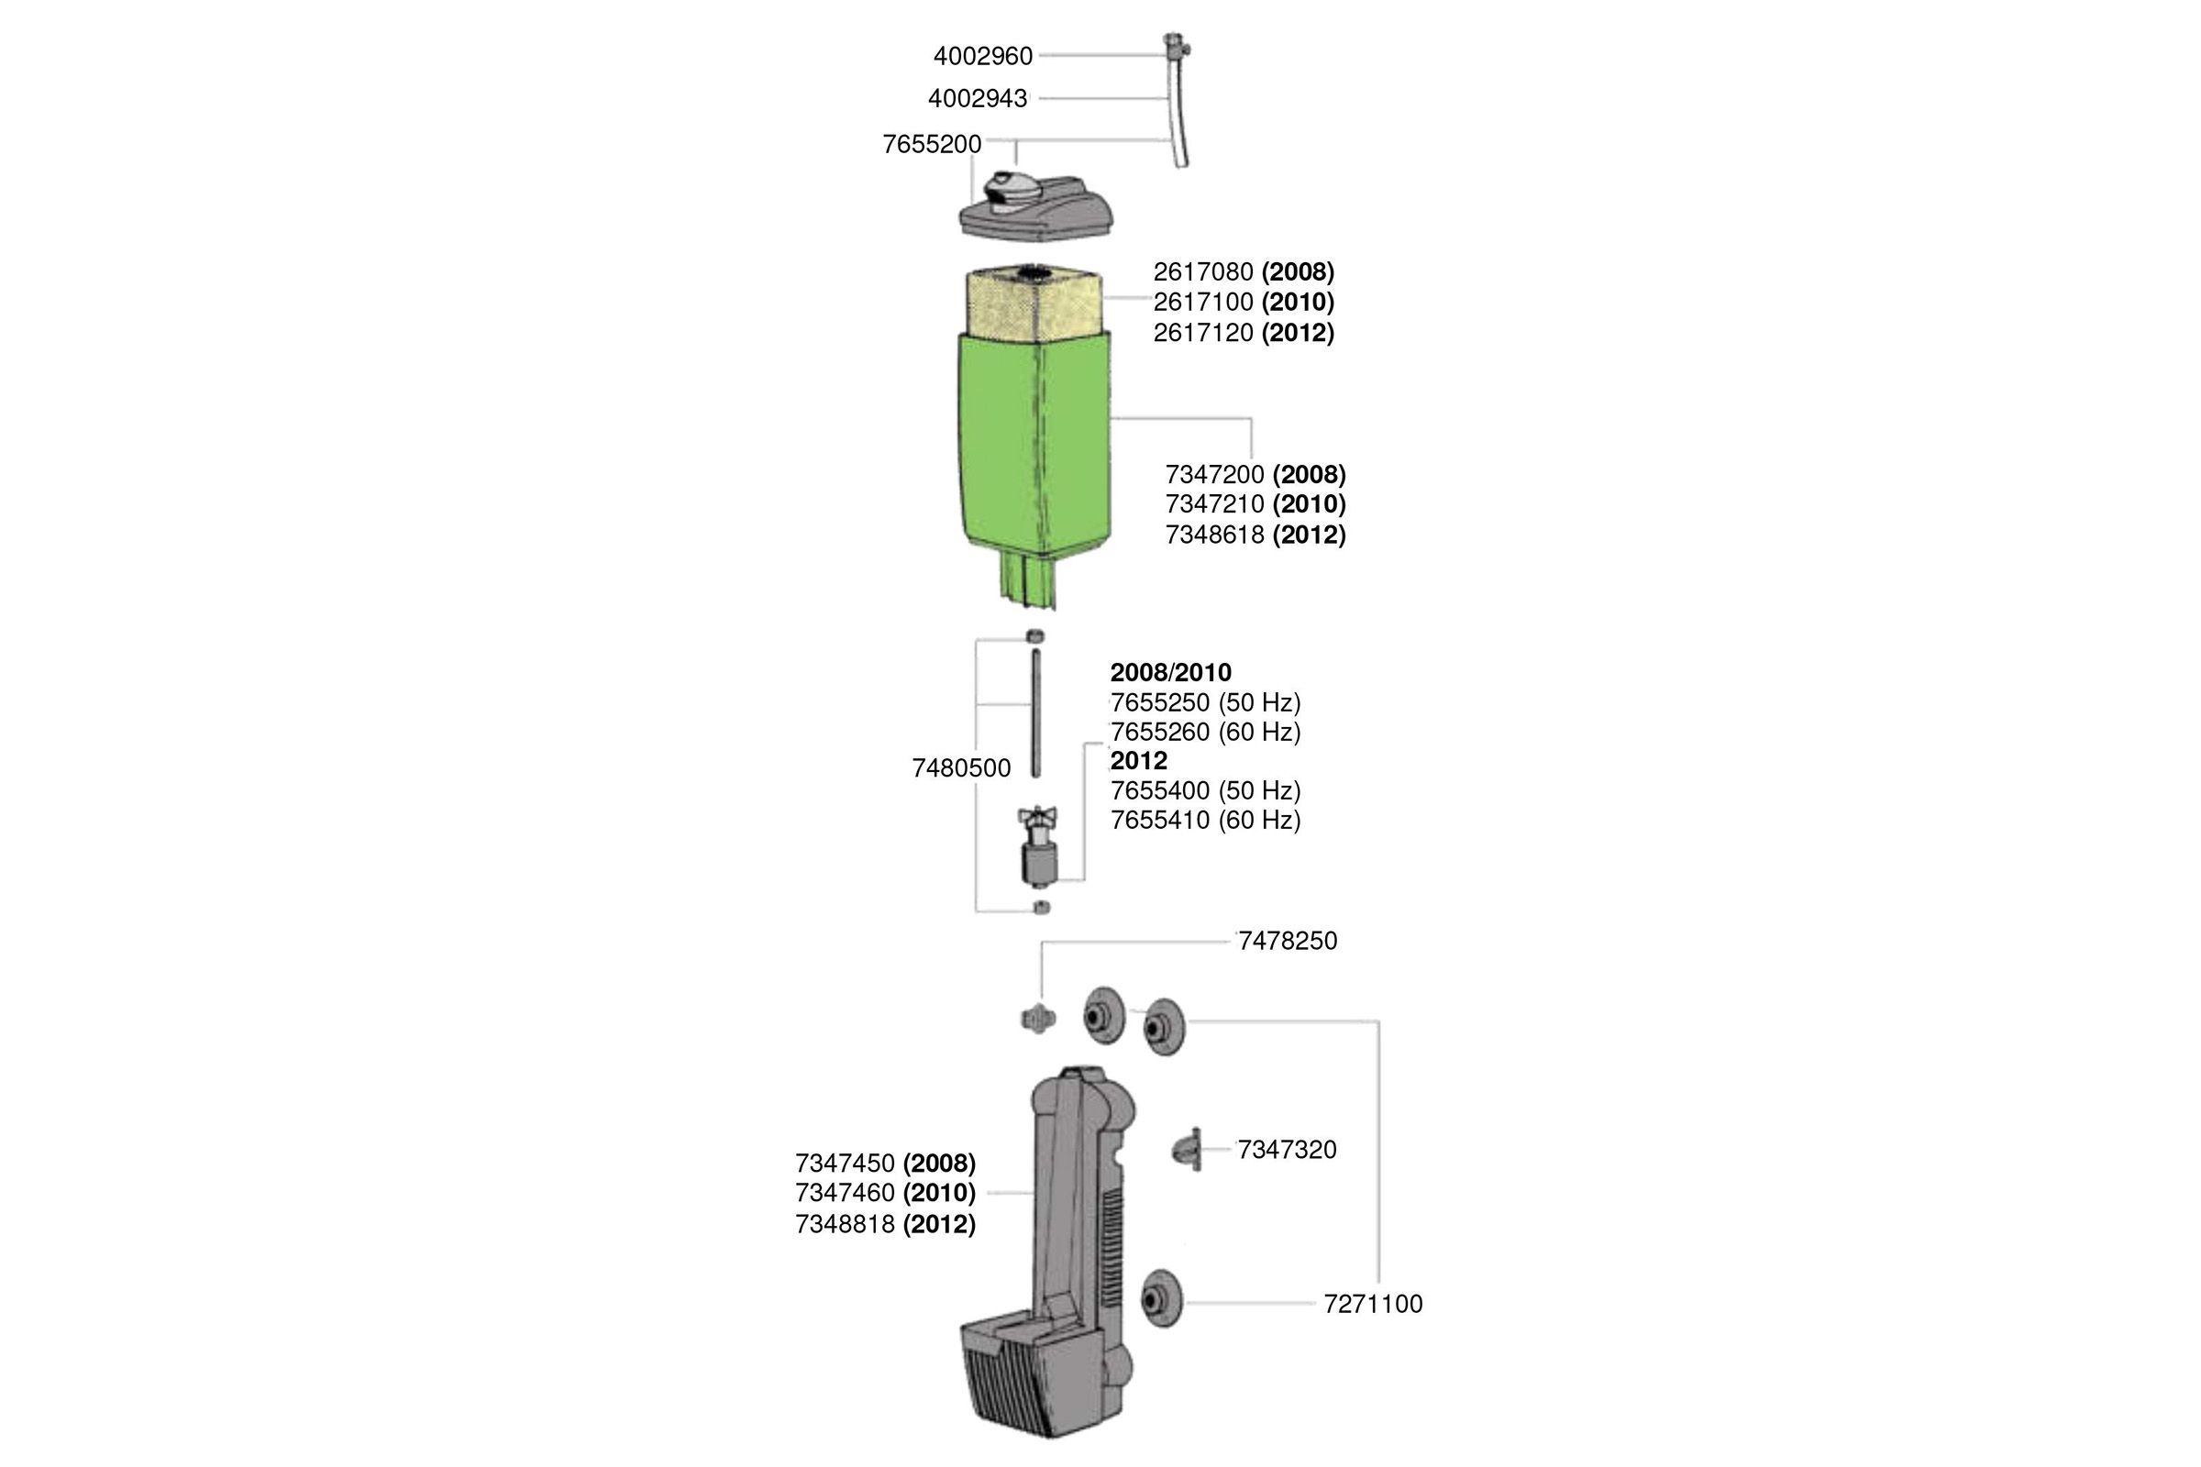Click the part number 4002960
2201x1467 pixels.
point(982,56)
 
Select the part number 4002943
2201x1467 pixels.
point(977,98)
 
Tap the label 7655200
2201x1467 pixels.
point(932,144)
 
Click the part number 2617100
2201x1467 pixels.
point(1203,303)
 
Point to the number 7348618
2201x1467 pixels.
point(1214,535)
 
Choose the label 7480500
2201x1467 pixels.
point(961,768)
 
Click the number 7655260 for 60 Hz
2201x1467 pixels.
point(1159,732)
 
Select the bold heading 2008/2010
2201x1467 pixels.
point(1171,673)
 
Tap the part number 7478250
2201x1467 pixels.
point(1288,942)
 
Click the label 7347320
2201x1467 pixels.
point(1287,1150)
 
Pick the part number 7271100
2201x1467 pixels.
point(1373,1304)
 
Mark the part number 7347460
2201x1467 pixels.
point(845,1193)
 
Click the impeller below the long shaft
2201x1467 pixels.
point(1038,846)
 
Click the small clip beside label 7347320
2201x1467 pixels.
point(1187,1149)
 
